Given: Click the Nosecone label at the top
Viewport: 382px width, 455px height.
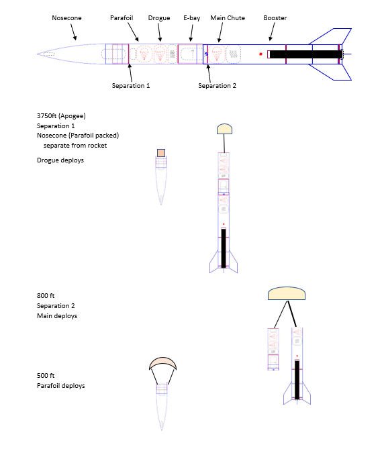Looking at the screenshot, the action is (x=66, y=18).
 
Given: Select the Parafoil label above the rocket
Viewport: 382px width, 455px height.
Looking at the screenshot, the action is (x=122, y=18).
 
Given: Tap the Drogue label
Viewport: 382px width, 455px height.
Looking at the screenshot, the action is (x=159, y=18).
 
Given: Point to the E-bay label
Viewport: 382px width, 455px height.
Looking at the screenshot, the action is (x=192, y=18).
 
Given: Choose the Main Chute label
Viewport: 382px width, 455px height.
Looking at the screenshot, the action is (x=228, y=18).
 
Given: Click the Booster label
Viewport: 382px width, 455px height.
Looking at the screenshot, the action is (x=275, y=18).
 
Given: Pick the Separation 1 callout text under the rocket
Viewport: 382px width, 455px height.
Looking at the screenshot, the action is (x=131, y=86).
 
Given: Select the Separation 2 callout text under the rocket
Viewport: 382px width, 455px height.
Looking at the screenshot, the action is (x=217, y=86).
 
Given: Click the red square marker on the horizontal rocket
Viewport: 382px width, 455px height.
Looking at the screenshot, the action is (x=260, y=54).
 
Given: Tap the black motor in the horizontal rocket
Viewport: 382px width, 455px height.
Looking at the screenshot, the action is (x=305, y=54).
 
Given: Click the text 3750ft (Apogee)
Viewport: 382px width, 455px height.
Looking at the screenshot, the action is (x=61, y=116).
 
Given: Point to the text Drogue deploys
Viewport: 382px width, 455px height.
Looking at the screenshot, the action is (x=60, y=160).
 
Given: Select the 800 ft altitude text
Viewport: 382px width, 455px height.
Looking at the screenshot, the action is (x=46, y=296).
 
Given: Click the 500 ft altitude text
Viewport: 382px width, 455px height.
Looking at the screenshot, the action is (x=46, y=376).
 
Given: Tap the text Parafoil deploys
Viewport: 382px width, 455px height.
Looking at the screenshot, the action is (x=61, y=386).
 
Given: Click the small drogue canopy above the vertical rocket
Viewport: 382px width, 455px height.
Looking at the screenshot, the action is (x=224, y=129).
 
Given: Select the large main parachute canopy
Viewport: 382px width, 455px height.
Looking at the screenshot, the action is (x=287, y=294).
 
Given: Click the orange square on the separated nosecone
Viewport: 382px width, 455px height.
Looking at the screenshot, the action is (x=161, y=153).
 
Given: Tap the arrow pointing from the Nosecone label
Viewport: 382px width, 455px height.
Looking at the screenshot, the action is (x=74, y=32).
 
